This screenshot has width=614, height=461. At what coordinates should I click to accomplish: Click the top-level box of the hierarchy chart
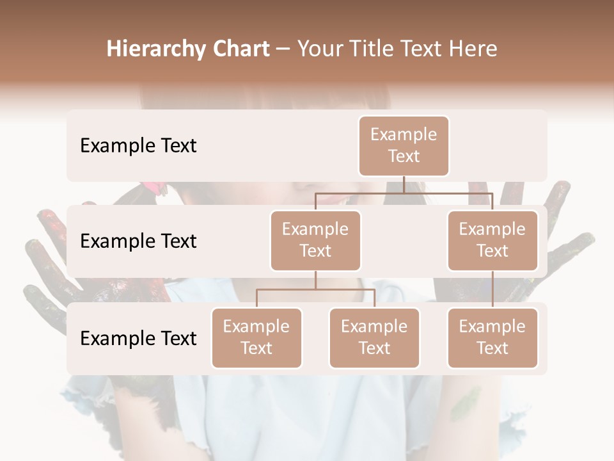(404, 146)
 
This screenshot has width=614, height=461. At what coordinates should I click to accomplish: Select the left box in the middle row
(315, 241)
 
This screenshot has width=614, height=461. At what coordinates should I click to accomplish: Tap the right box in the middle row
(492, 241)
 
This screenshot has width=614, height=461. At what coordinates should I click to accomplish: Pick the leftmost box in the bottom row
(256, 338)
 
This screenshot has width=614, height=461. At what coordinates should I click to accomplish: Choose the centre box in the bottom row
(374, 338)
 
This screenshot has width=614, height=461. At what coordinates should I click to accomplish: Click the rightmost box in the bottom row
(492, 338)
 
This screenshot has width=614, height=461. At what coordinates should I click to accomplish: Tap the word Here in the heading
(473, 49)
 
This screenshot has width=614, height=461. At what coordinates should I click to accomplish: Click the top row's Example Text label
(138, 146)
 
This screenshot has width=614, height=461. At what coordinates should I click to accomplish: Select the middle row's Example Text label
(138, 241)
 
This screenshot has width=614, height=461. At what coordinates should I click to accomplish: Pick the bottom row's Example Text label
(138, 339)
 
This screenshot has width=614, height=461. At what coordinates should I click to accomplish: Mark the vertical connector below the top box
(404, 184)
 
